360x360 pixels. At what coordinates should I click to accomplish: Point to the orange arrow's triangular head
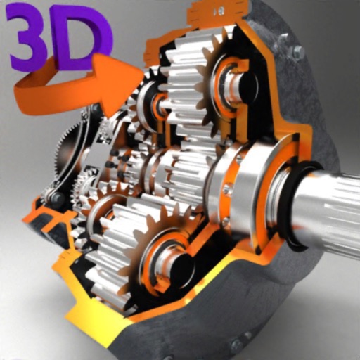pyautogui.click(x=116, y=76)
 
